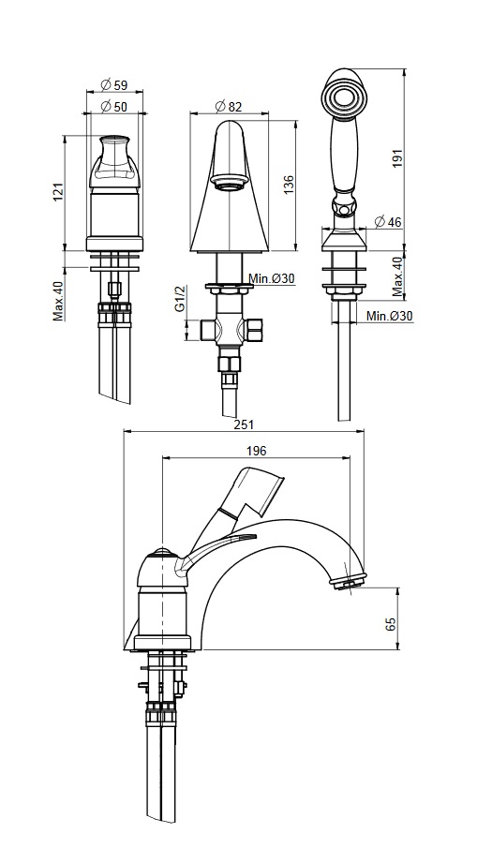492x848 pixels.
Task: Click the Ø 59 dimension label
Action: click(x=114, y=84)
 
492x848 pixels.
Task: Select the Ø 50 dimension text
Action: click(x=114, y=107)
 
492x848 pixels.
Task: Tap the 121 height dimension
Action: click(x=58, y=192)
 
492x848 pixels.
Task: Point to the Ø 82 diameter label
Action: click(x=228, y=107)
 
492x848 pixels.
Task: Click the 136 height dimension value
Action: click(x=289, y=185)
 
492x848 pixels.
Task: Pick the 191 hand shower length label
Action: click(x=398, y=158)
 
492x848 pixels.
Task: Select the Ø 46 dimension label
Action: click(x=388, y=221)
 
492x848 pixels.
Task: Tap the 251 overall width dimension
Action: click(x=244, y=424)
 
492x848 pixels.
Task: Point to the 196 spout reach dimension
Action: click(x=256, y=451)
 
